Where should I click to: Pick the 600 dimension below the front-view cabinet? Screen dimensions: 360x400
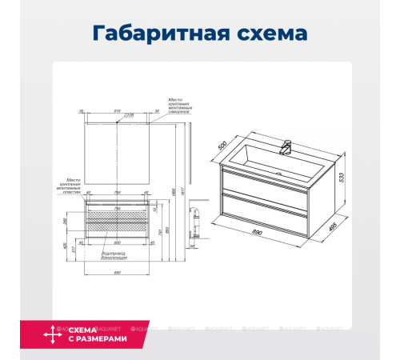pos(118,243)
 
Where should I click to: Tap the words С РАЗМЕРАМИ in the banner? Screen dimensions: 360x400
pos(98,338)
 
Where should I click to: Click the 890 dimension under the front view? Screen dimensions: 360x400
pos(118,274)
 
